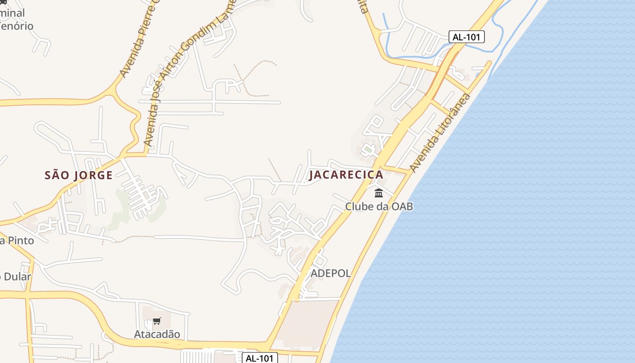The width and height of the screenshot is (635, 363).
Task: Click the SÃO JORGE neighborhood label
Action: click(78, 176)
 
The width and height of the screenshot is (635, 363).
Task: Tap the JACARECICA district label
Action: click(346, 175)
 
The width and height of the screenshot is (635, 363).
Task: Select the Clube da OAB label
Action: click(379, 206)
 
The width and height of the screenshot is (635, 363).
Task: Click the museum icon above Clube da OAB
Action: click(379, 193)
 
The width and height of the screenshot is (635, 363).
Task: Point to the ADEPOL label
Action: click(331, 273)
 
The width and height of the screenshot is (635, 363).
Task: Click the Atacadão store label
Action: click(157, 334)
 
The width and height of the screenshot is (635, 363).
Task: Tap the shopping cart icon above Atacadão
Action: click(157, 321)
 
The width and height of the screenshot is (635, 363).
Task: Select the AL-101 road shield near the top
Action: click(467, 37)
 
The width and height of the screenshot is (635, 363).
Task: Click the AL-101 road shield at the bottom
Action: click(259, 358)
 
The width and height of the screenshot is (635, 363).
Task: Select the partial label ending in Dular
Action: click(15, 276)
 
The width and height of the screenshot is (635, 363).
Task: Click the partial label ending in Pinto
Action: click(17, 240)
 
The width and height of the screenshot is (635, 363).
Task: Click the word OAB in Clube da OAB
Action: click(402, 206)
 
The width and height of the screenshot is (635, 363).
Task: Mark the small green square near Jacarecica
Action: click(368, 148)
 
